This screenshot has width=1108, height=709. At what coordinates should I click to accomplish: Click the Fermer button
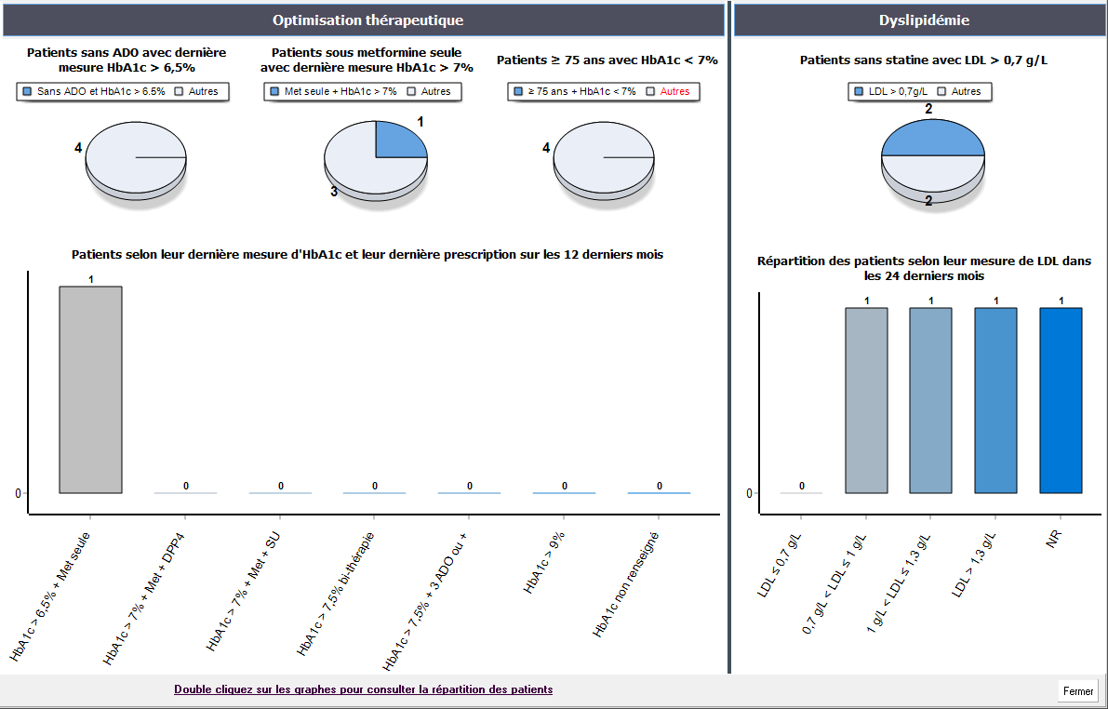point(1078,691)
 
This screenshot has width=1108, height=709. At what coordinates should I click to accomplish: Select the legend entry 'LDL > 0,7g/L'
point(891,91)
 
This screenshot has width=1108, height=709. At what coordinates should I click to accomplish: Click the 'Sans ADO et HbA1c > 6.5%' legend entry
point(93,91)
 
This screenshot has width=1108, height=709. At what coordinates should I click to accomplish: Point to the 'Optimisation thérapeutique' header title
point(367,20)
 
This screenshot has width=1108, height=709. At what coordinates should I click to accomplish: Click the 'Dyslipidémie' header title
point(917,20)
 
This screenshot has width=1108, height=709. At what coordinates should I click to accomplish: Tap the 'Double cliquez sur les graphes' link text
point(363,689)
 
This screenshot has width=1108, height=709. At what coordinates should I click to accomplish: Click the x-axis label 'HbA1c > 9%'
point(544,562)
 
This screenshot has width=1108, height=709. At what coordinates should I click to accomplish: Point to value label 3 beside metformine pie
point(334,192)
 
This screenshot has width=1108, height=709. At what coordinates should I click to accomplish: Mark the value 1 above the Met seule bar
point(91,279)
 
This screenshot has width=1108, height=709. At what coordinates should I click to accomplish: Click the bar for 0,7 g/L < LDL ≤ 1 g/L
point(866,399)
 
